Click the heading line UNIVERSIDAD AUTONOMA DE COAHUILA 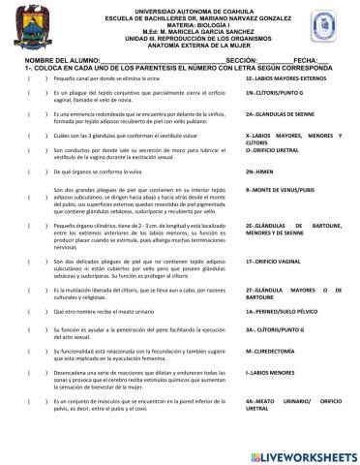pos(180,5)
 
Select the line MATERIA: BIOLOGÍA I pos(180,20)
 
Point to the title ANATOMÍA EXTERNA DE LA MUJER pos(180,44)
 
